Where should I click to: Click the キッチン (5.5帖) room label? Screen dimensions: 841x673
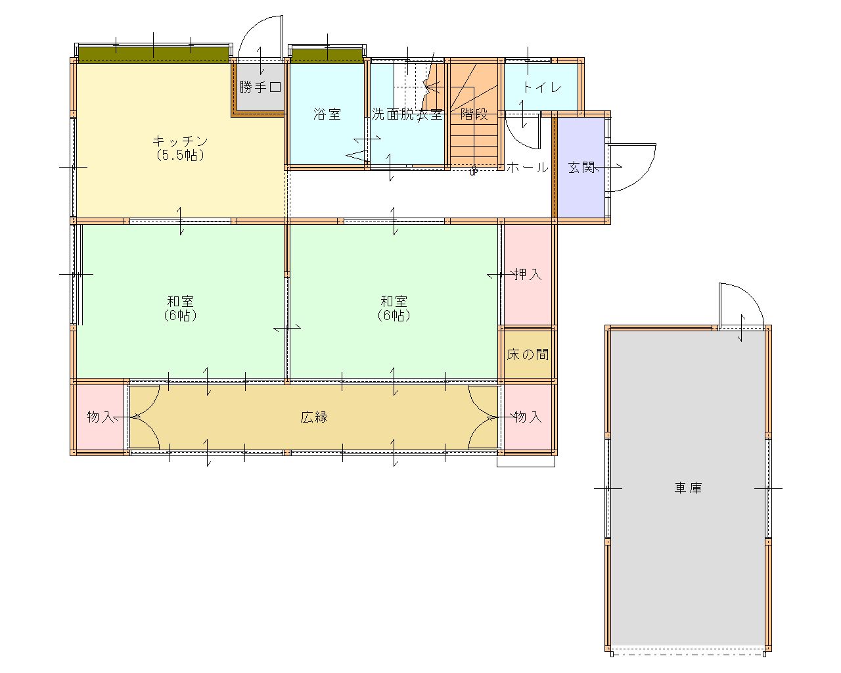180,149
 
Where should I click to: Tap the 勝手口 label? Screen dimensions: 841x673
260,86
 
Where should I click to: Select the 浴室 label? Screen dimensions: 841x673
327,114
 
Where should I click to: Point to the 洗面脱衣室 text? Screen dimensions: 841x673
407,114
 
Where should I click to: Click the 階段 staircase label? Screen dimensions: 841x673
474,114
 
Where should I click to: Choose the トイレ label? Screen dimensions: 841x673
541,87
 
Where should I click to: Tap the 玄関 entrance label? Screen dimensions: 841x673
581,168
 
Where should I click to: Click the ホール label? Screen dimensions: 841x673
528,168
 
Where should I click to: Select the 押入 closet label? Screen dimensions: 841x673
528,274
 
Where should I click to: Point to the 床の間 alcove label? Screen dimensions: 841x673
528,354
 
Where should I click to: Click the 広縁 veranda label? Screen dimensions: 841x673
314,417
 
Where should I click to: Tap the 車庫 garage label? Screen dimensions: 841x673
688,488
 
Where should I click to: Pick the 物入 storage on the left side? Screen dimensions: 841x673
101,417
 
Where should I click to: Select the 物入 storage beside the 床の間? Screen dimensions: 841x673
528,417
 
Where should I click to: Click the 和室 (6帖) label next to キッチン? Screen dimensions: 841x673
180,308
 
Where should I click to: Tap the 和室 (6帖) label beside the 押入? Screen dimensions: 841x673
394,308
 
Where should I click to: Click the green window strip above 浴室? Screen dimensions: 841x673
327,55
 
